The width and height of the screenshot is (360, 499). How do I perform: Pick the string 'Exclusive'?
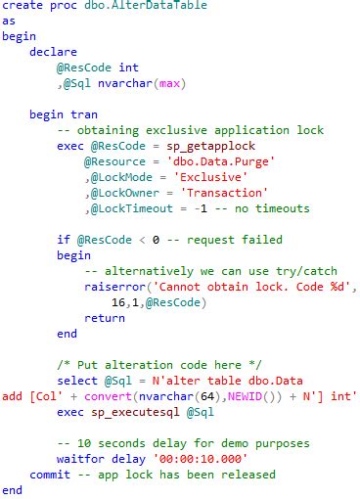tap(210, 176)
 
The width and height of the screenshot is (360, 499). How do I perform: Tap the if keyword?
tap(63, 239)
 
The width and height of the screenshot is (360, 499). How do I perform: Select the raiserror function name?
tap(115, 287)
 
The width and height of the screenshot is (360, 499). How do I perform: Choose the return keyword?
tap(105, 318)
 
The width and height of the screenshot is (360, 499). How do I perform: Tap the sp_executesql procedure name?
tap(139, 412)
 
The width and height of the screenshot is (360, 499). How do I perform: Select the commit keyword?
tap(49, 475)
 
